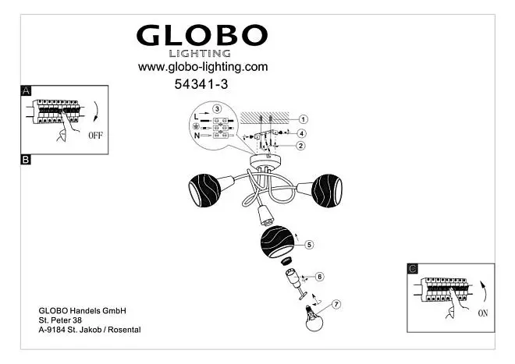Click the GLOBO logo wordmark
click(202, 35)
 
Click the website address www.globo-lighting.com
click(203, 67)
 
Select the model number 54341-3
click(201, 84)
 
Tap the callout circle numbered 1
click(304, 119)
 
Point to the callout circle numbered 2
click(300, 146)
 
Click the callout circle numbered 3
click(217, 108)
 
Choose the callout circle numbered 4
click(301, 133)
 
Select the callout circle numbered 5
click(309, 245)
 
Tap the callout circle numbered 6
click(320, 277)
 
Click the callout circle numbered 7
click(336, 305)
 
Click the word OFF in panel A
click(95, 135)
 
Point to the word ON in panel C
click(483, 313)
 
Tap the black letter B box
click(26, 160)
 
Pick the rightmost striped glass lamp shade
click(327, 191)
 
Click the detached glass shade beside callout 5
click(278, 242)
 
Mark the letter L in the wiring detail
click(196, 117)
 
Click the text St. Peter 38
click(60, 320)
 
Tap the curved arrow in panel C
click(484, 292)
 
